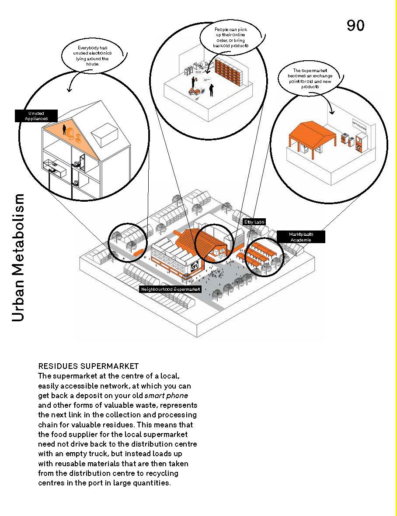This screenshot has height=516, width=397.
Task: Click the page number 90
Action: [355, 25]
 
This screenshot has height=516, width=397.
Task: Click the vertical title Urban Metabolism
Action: [18, 258]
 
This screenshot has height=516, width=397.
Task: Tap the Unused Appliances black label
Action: [36, 116]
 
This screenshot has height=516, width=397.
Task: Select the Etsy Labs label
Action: [254, 222]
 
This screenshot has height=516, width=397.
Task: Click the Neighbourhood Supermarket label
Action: [170, 289]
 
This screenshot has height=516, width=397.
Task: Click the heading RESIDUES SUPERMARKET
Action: [88, 366]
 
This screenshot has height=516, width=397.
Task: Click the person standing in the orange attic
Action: [64, 129]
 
